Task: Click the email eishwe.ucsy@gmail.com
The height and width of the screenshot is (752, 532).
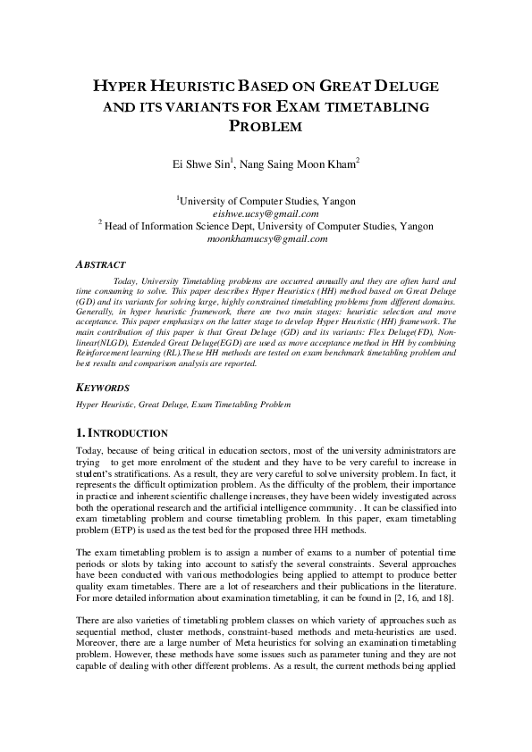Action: (x=266, y=214)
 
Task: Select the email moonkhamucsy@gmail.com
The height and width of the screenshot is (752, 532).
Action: (x=266, y=239)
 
